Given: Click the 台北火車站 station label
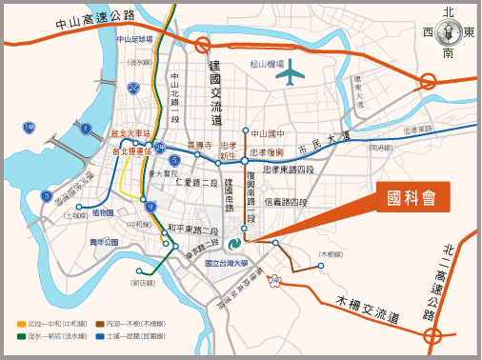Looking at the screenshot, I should coord(132,134).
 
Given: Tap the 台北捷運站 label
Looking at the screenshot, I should coord(132,150).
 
